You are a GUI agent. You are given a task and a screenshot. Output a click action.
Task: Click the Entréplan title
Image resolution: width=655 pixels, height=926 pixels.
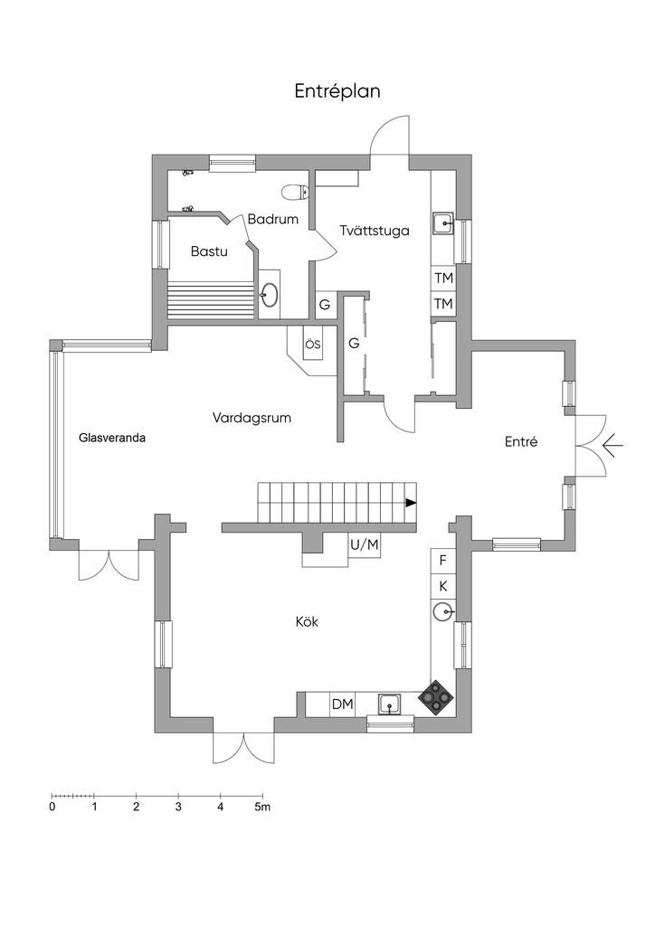point(337,91)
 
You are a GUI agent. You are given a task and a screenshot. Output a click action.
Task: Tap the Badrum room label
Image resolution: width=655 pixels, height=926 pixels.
point(272,219)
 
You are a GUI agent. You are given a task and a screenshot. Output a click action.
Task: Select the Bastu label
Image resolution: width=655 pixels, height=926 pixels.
point(208,251)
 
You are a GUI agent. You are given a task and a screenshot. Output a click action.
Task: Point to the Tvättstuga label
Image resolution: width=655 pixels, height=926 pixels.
point(375,231)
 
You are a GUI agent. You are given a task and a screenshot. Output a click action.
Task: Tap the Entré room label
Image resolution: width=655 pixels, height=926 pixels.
point(521,442)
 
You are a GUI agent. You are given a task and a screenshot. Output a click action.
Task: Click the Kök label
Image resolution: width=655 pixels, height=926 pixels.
point(307,622)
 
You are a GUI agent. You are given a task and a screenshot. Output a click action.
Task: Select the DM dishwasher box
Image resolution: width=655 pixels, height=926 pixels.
point(342,704)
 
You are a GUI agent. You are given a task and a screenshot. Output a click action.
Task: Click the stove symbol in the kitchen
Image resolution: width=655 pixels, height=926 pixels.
point(438,698)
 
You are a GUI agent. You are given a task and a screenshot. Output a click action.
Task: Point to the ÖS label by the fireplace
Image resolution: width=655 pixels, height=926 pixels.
point(312,345)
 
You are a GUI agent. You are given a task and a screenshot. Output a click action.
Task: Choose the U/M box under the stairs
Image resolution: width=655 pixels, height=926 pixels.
point(365,544)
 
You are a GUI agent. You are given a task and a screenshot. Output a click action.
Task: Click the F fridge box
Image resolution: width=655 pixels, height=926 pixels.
point(442,561)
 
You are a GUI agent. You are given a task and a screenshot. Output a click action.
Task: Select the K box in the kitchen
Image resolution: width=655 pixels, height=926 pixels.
point(442,587)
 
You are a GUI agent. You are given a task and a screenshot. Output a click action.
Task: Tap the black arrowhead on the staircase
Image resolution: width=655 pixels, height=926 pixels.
point(411,503)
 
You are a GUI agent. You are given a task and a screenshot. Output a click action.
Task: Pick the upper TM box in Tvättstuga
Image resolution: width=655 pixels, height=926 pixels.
point(442,279)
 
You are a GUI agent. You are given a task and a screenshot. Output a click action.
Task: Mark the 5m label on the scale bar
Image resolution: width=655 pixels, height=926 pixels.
point(261,807)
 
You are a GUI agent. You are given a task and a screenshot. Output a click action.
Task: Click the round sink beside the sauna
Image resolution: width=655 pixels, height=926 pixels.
point(270,293)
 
